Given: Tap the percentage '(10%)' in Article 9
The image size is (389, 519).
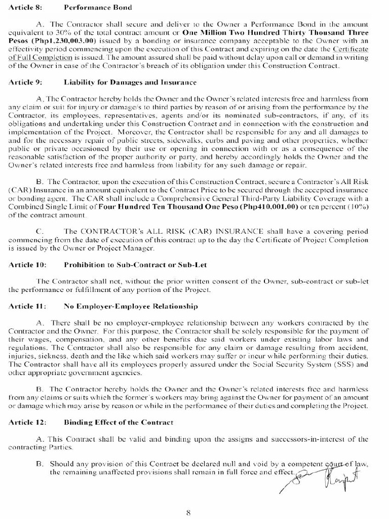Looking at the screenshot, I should [x=354, y=207].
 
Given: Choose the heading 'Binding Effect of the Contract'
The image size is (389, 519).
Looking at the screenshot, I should [x=118, y=422].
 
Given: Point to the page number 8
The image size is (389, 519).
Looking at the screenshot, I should [x=188, y=512].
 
